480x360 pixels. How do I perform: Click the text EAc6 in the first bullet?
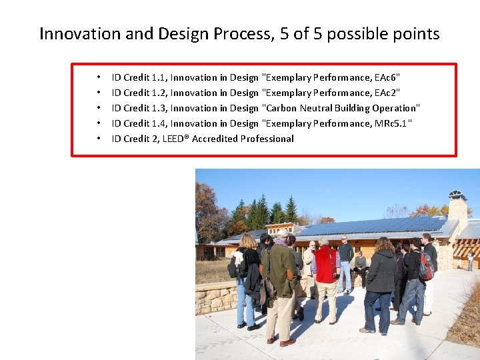tap(385, 78)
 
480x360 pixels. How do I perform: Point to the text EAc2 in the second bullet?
tap(385, 93)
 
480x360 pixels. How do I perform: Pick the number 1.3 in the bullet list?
tap(159, 108)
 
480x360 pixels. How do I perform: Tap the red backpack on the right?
tap(425, 267)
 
